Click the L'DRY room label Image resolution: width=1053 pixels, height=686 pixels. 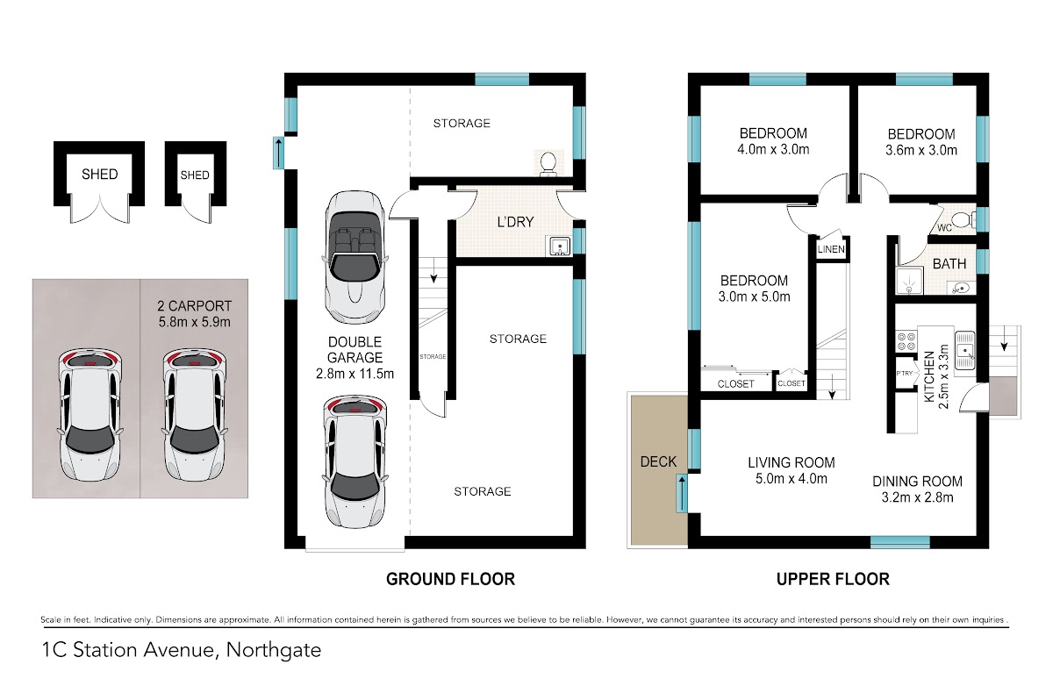tap(515, 222)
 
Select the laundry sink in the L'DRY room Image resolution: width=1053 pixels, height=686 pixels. tap(558, 247)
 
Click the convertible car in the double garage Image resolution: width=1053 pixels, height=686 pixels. tap(355, 258)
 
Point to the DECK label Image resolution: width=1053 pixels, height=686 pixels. tap(658, 461)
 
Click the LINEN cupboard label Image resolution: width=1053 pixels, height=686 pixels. tap(831, 249)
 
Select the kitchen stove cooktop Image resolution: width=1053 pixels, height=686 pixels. tap(906, 341)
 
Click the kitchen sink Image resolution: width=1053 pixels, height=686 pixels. tap(964, 351)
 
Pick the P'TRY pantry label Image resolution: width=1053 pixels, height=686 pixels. tap(905, 374)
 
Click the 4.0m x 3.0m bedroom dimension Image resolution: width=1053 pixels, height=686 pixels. tap(773, 150)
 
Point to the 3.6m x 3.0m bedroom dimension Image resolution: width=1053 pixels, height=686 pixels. tap(920, 150)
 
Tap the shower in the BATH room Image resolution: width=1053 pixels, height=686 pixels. tap(909, 281)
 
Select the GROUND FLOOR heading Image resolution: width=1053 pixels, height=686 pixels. tap(450, 579)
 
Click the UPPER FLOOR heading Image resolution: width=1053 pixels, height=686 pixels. tap(833, 579)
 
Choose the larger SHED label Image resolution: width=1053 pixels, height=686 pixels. tap(100, 175)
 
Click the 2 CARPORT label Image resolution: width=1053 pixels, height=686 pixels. tap(194, 306)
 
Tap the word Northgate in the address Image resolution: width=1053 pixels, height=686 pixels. tap(274, 650)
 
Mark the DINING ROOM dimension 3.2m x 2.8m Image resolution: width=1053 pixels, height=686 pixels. tap(917, 497)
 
